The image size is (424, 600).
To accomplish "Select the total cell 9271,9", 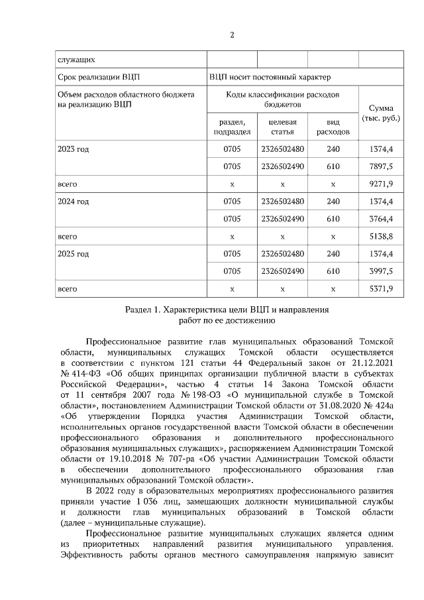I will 380,184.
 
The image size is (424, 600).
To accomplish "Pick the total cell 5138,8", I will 380,236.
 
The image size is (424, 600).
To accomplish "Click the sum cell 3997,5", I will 380,271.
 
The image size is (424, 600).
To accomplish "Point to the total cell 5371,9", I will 380,288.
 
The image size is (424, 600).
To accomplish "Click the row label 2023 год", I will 73,149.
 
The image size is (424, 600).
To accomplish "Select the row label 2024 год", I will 73,202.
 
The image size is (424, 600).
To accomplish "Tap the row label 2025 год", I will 73,254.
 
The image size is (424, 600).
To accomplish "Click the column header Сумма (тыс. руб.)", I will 380,113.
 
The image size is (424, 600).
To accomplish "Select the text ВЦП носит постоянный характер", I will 278,77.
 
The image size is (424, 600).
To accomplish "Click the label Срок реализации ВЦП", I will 99,77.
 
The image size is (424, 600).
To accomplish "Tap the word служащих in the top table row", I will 76,59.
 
